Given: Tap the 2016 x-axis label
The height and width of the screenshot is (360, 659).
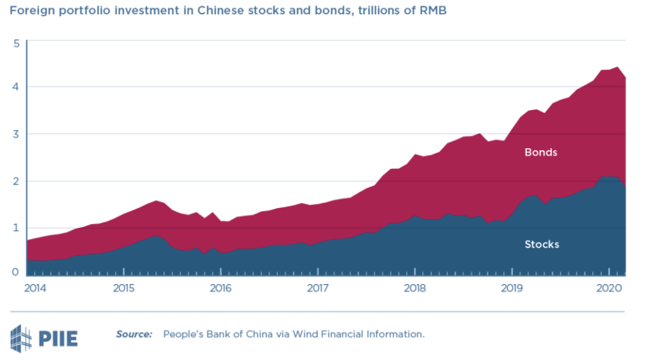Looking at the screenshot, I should click(x=220, y=287).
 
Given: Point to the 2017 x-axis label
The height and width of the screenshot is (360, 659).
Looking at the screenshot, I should click(x=317, y=287).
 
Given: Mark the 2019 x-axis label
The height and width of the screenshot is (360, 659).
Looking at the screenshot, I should click(x=512, y=287).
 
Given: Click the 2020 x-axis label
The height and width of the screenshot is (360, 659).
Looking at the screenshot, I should click(x=609, y=287).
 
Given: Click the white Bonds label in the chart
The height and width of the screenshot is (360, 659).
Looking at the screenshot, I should click(x=541, y=153).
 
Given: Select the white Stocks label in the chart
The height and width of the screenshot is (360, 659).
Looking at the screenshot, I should click(x=542, y=244).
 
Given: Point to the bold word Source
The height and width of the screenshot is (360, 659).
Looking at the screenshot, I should click(x=134, y=334).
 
